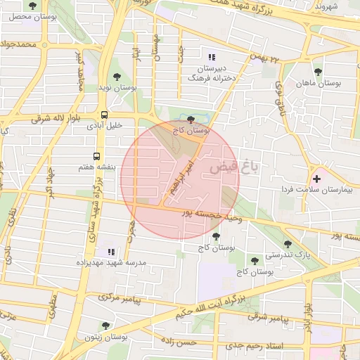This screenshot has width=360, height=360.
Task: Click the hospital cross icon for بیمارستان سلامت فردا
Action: point(316,179)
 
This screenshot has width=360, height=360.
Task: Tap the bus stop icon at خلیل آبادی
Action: point(104,115)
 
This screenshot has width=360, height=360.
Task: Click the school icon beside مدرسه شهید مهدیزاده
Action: point(110,251)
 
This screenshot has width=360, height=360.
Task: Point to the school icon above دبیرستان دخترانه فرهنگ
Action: point(212,57)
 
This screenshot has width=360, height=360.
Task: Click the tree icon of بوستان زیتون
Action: point(105,326)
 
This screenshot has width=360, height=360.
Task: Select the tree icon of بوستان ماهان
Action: point(318,72)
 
